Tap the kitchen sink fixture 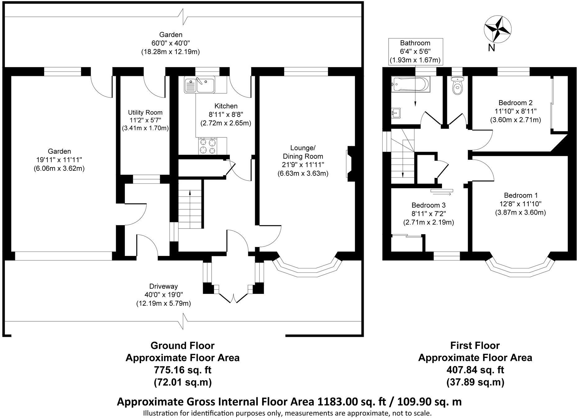pos(199,85)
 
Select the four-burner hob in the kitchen pos(208,146)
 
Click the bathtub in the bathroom pos(411,84)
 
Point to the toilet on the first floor pos(457,86)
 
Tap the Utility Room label pos(145,112)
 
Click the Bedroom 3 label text pos(428,205)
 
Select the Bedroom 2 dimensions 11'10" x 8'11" pos(515,111)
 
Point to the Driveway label pos(163,286)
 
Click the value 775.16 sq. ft pos(183,370)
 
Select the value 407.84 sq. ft pos(475,370)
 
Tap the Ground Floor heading pos(182,346)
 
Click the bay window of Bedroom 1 pos(520,268)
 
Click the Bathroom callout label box pos(415,52)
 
